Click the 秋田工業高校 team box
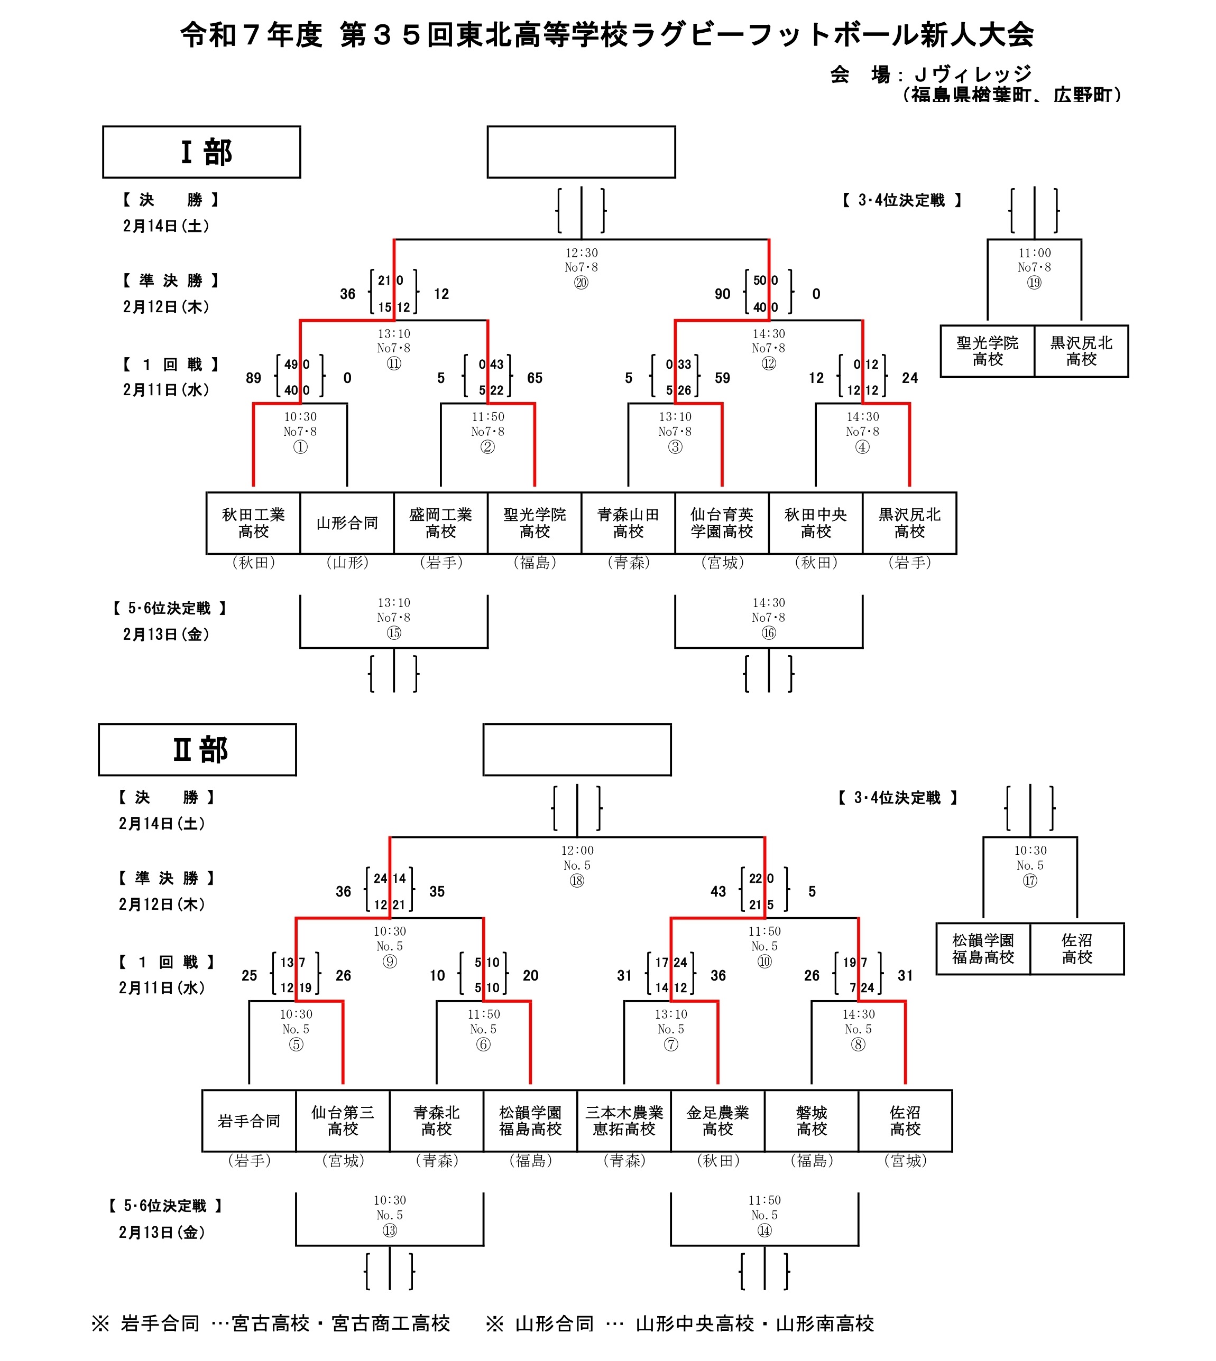coord(253,523)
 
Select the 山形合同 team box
coord(347,523)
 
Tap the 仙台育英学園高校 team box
coord(722,523)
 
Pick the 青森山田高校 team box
coord(628,523)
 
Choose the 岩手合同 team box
coord(248,1121)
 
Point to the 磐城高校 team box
coord(811,1121)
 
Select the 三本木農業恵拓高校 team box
coord(624,1121)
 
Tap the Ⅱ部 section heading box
coord(197,749)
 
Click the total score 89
coord(253,378)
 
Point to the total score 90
coord(722,294)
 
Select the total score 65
coord(535,378)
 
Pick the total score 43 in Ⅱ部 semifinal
coord(718,891)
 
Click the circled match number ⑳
coord(581,283)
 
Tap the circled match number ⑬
coord(390,1230)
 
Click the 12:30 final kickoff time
coord(581,253)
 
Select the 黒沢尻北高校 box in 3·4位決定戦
coord(1081,351)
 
